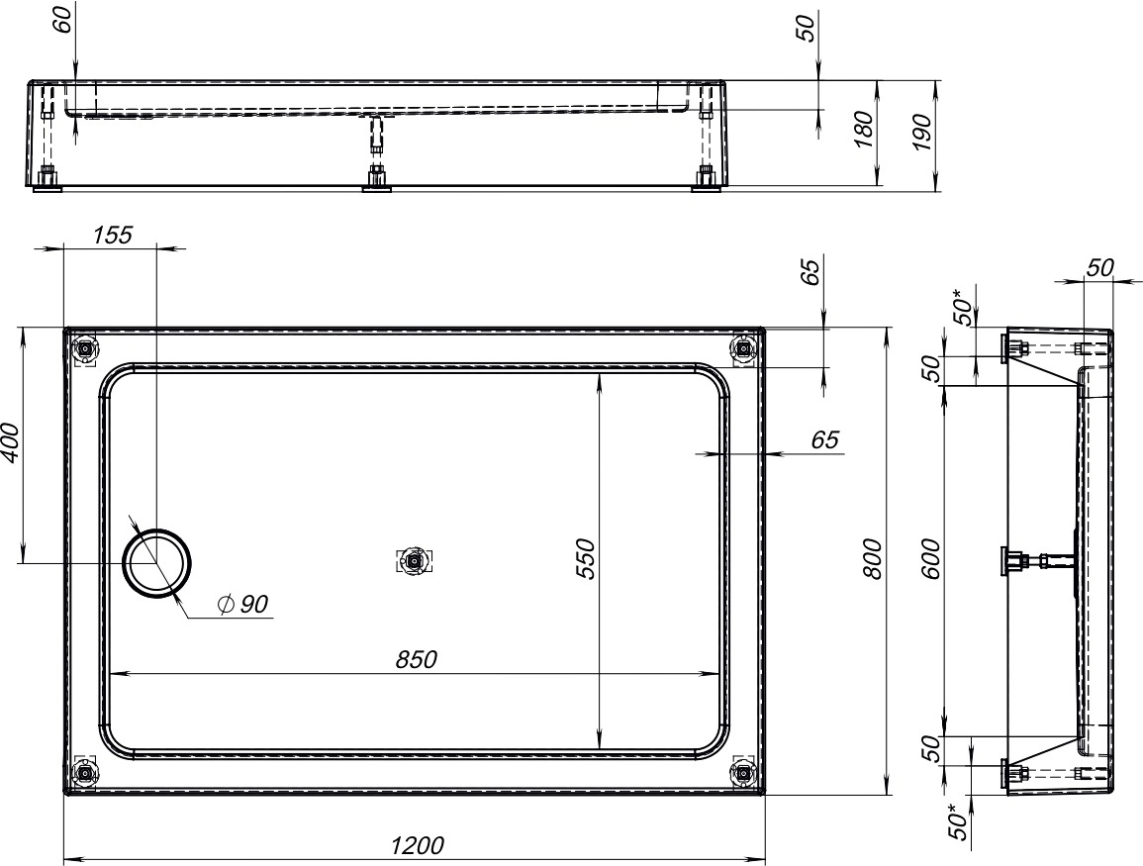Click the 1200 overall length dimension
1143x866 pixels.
pyautogui.click(x=417, y=845)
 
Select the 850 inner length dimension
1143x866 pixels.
pyautogui.click(x=417, y=659)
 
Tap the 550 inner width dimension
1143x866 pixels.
pyautogui.click(x=585, y=559)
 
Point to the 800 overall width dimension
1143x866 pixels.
pyautogui.click(x=872, y=559)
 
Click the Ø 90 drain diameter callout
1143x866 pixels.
pyautogui.click(x=243, y=604)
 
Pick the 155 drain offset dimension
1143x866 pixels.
pyautogui.click(x=113, y=235)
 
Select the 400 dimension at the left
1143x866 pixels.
pyautogui.click(x=11, y=441)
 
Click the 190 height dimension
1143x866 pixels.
pyautogui.click(x=922, y=132)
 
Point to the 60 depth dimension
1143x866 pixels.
pyautogui.click(x=63, y=19)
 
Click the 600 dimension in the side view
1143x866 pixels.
pyautogui.click(x=931, y=559)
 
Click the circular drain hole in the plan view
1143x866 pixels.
pyautogui.click(x=157, y=563)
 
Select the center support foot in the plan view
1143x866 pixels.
pyautogui.click(x=414, y=561)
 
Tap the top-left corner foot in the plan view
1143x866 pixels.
pyautogui.click(x=86, y=350)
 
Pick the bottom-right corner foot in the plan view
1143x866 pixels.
pyautogui.click(x=743, y=771)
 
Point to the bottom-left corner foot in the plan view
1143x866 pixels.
pyautogui.click(x=84, y=773)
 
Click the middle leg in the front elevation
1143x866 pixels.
pyautogui.click(x=376, y=153)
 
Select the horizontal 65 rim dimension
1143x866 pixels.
pyautogui.click(x=825, y=439)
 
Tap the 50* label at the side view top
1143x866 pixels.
pyautogui.click(x=963, y=308)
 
